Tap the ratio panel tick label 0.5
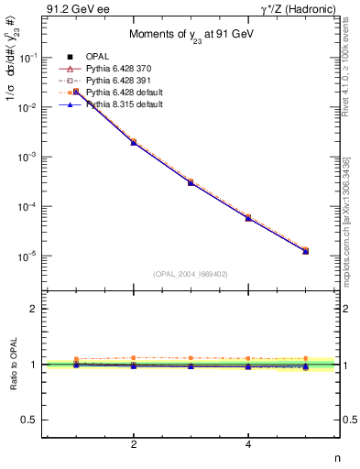coord(32,420)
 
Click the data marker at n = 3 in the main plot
coord(191,182)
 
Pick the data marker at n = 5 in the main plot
coord(305,250)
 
